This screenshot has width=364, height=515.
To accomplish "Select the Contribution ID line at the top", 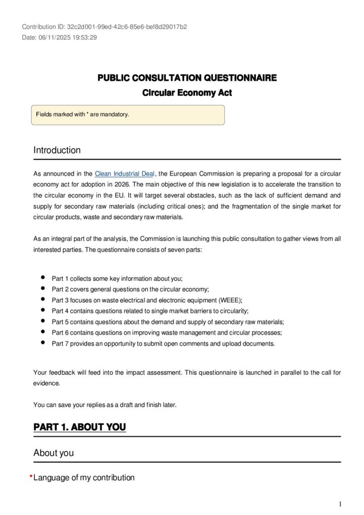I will coord(105,27).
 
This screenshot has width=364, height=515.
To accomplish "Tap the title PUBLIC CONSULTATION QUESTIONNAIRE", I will coord(187,78).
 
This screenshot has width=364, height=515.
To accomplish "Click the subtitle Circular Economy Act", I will coord(187,93).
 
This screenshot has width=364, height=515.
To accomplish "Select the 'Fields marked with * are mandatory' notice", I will coord(82,114).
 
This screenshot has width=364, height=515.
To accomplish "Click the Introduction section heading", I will coord(57,150).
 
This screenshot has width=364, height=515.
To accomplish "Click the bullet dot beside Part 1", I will coord(42,278).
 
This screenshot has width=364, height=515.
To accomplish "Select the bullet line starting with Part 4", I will coord(150,311).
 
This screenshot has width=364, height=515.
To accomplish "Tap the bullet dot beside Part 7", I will coord(42,343).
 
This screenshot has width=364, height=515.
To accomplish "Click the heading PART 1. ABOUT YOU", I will coord(79,427).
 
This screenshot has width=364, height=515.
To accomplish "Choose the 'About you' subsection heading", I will coord(53,453).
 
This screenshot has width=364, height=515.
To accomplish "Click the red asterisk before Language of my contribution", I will coord(31,477).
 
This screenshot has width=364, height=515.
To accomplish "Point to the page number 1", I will coord(340,504).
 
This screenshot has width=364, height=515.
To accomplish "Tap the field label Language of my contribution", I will coord(84,478).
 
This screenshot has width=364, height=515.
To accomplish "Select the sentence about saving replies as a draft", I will coord(105,404).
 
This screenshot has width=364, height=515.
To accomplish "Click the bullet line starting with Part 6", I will coord(166,332).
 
